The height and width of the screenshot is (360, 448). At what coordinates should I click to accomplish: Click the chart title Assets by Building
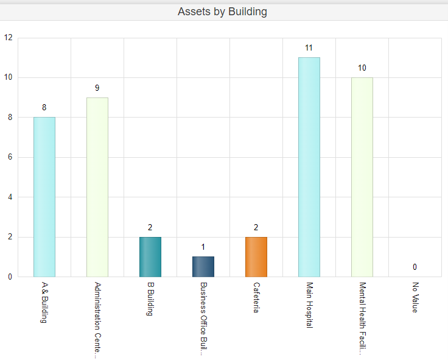click(222, 12)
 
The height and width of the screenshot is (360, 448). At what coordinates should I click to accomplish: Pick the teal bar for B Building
click(150, 256)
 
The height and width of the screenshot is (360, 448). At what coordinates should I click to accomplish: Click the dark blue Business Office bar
click(203, 266)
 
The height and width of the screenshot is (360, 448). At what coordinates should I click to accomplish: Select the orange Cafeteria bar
click(256, 256)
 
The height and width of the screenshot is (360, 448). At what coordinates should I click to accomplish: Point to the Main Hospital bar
click(309, 167)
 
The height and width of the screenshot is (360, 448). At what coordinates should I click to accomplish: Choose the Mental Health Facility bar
click(362, 177)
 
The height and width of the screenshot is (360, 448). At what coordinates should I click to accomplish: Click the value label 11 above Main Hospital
click(309, 48)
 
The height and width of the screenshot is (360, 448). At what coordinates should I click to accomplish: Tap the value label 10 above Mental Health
click(362, 68)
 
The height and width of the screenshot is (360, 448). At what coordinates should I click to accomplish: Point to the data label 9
click(97, 88)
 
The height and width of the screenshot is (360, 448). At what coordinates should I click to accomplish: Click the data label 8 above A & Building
click(44, 107)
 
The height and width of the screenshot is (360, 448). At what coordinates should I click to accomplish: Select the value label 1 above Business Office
click(203, 247)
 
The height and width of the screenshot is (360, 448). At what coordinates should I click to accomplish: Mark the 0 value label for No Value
click(415, 267)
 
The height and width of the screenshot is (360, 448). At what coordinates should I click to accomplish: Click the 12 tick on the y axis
click(8, 37)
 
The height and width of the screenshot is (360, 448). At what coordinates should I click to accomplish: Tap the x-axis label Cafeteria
click(256, 297)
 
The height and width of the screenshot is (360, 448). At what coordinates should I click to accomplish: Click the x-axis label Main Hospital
click(309, 305)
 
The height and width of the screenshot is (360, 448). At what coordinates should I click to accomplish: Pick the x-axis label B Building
click(150, 298)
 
